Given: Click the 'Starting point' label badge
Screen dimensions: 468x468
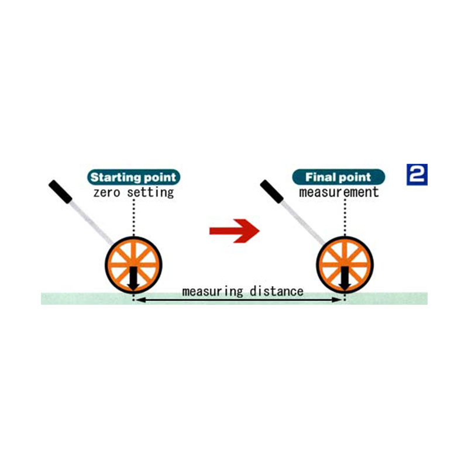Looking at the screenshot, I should pyautogui.click(x=133, y=177).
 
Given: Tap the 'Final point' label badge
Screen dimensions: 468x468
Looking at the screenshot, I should pyautogui.click(x=339, y=177).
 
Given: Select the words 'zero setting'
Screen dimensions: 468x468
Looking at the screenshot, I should pyautogui.click(x=134, y=192).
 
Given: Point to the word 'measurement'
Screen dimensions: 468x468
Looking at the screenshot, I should pyautogui.click(x=339, y=192).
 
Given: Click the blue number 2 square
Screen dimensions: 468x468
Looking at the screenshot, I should pyautogui.click(x=417, y=175).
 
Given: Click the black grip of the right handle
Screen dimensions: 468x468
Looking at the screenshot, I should pyautogui.click(x=271, y=191).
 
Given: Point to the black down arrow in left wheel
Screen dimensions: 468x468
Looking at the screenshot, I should pyautogui.click(x=133, y=277).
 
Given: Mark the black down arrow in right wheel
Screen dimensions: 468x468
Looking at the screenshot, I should pyautogui.click(x=345, y=277).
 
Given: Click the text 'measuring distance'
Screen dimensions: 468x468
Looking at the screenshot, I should pyautogui.click(x=242, y=291).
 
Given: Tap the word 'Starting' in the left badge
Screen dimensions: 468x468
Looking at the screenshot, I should pyautogui.click(x=114, y=177).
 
